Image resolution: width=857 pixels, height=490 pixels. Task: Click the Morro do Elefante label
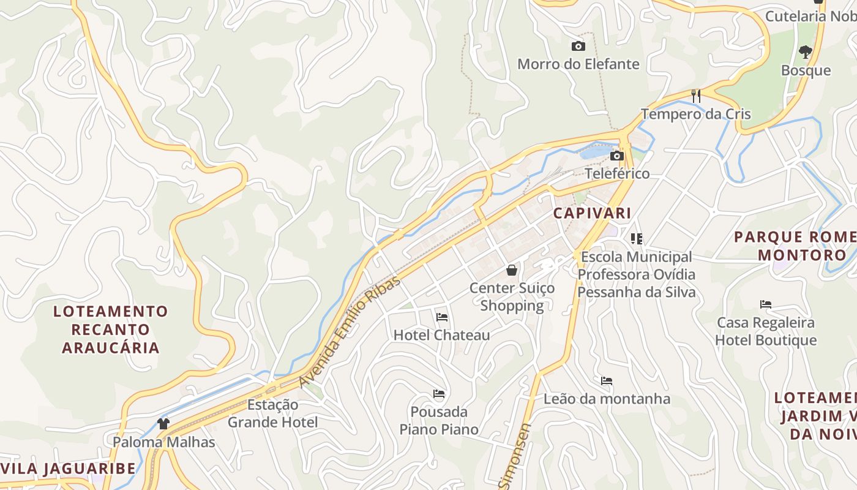578,64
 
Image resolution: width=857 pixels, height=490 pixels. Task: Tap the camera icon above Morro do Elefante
578,46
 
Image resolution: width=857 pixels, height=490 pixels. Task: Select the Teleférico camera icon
617,156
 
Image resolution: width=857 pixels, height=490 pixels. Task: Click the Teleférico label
617,173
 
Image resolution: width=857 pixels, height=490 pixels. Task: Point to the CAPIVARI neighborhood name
592,213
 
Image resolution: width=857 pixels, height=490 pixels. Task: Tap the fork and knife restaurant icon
695,96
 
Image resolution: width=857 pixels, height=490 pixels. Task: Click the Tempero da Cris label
695,114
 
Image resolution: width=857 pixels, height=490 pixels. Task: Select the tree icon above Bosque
806,52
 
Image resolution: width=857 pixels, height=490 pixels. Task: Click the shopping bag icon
512,269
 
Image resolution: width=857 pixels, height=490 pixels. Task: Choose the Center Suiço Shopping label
512,296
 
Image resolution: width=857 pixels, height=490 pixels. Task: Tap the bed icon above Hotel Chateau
442,317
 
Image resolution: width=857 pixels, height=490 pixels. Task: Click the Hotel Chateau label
442,335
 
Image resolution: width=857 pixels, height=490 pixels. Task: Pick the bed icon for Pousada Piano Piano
439,393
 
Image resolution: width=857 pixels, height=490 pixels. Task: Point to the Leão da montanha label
607,399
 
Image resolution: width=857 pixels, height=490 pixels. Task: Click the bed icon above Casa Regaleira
765,304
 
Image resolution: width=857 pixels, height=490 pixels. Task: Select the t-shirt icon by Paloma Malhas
163,423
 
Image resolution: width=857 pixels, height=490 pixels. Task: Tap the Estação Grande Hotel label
273,413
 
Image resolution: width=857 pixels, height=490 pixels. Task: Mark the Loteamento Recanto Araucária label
110,330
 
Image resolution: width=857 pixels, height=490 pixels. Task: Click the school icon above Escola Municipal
637,239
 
